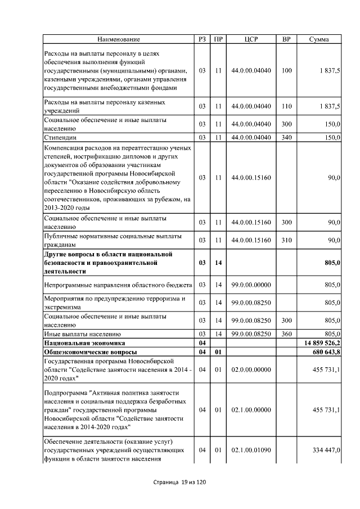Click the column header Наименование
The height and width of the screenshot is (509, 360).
coord(118,39)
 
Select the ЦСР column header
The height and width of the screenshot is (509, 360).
coord(251,39)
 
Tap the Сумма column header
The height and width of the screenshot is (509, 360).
coord(319,39)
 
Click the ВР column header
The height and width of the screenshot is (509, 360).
coord(286,39)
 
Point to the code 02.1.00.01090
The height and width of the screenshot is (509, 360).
coord(251,451)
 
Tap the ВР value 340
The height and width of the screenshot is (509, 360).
coord(286,137)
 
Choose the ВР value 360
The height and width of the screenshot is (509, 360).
coord(286,334)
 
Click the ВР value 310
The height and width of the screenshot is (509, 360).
coord(286,240)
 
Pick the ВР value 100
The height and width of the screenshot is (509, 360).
coord(286,71)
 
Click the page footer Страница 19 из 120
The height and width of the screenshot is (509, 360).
coord(179,483)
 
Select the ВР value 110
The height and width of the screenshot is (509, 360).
coord(286,106)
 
